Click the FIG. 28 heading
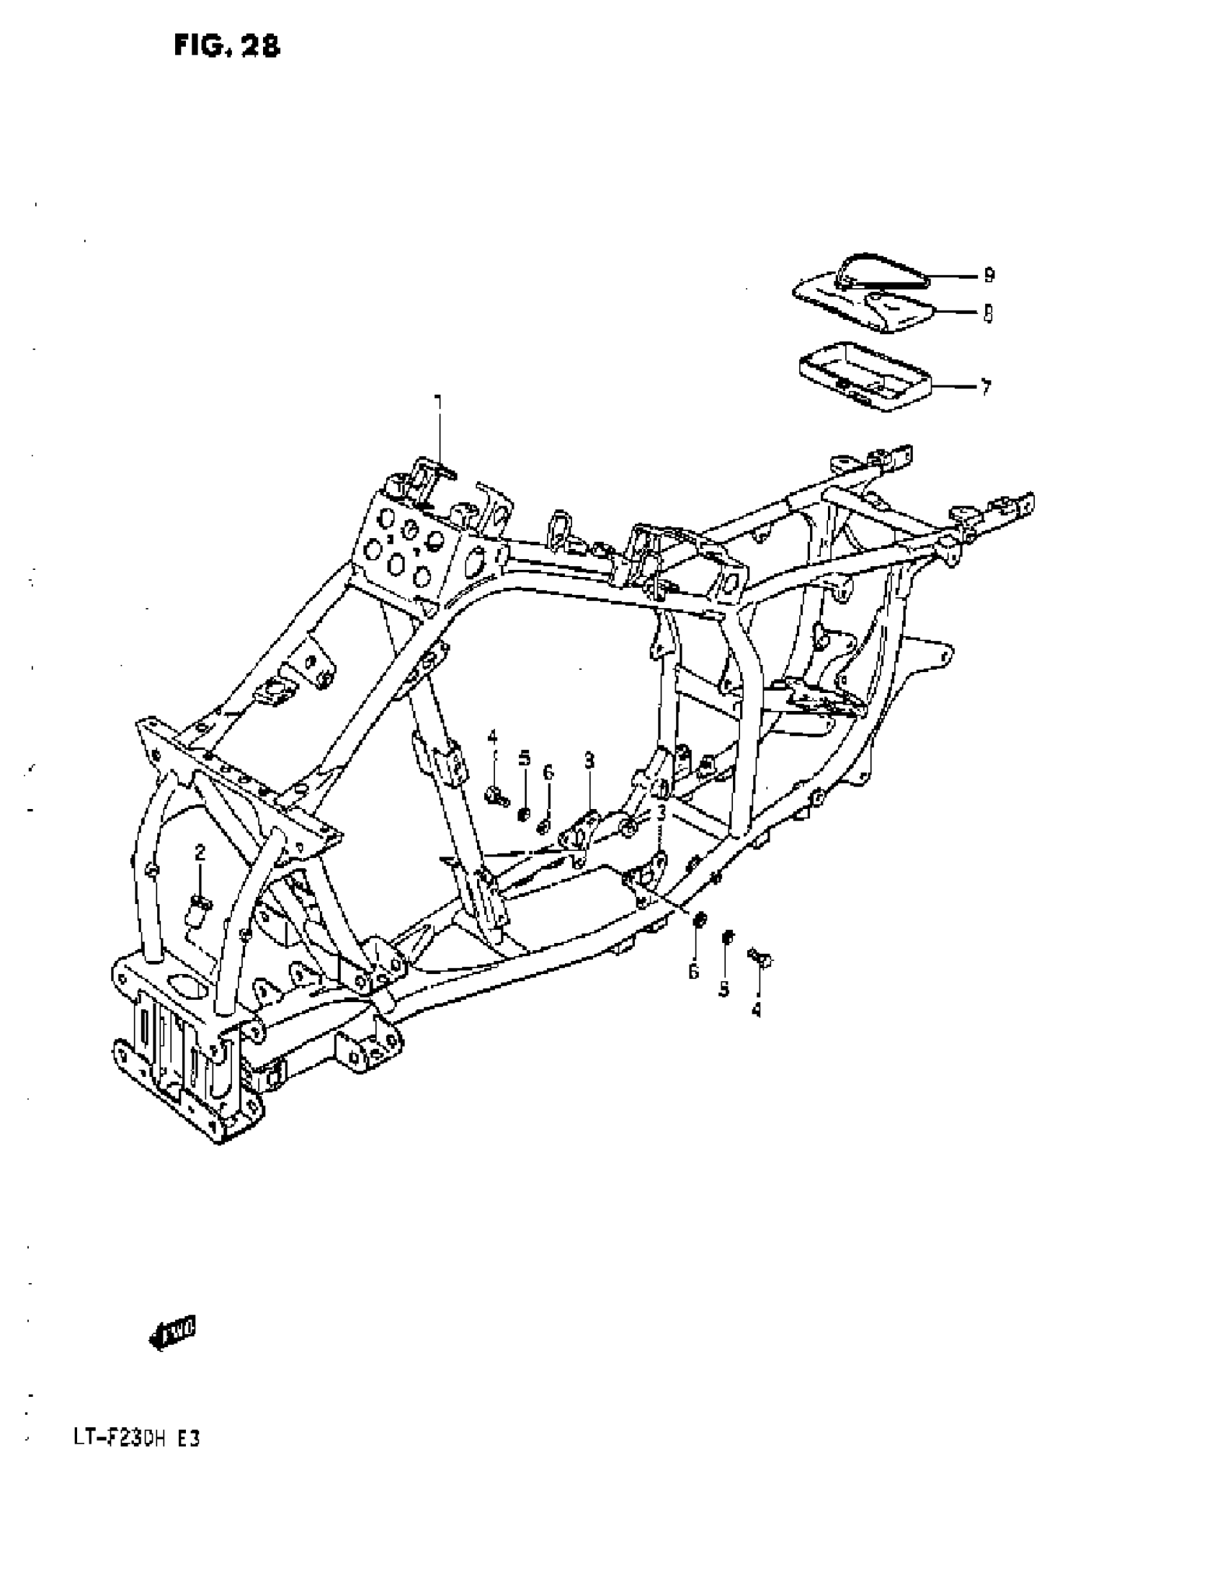pyautogui.click(x=226, y=46)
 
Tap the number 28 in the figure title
pyautogui.click(x=260, y=46)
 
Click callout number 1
pyautogui.click(x=437, y=401)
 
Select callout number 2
pyautogui.click(x=200, y=853)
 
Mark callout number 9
pyautogui.click(x=989, y=274)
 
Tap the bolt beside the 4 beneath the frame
pyautogui.click(x=761, y=959)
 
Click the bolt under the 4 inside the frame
pyautogui.click(x=495, y=795)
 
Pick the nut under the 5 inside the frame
pyautogui.click(x=525, y=815)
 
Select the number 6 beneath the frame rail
pyautogui.click(x=693, y=973)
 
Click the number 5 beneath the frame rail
pyautogui.click(x=724, y=988)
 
